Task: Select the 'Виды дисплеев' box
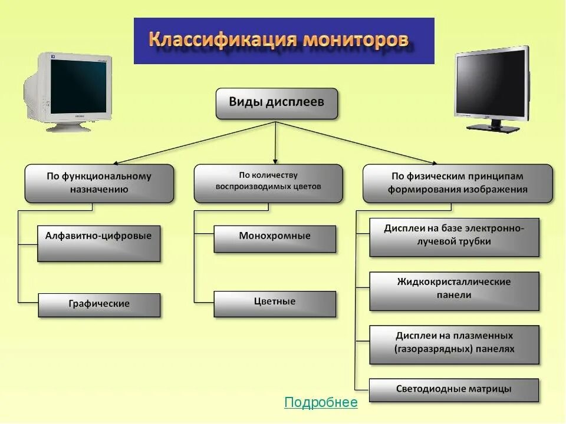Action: [277, 103]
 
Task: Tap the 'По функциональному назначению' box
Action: [99, 183]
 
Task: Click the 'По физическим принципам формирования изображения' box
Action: [458, 183]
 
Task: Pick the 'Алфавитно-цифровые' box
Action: [98, 243]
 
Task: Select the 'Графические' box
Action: [99, 304]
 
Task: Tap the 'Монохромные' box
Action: [275, 238]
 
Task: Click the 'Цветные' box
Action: [275, 303]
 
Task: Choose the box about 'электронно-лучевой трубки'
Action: [454, 237]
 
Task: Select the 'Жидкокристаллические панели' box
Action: [454, 290]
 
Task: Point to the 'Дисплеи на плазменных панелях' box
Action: [454, 344]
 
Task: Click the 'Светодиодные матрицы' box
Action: [454, 390]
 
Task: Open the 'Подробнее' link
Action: [321, 402]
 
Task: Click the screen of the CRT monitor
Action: [78, 87]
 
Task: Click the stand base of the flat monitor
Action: [494, 127]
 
